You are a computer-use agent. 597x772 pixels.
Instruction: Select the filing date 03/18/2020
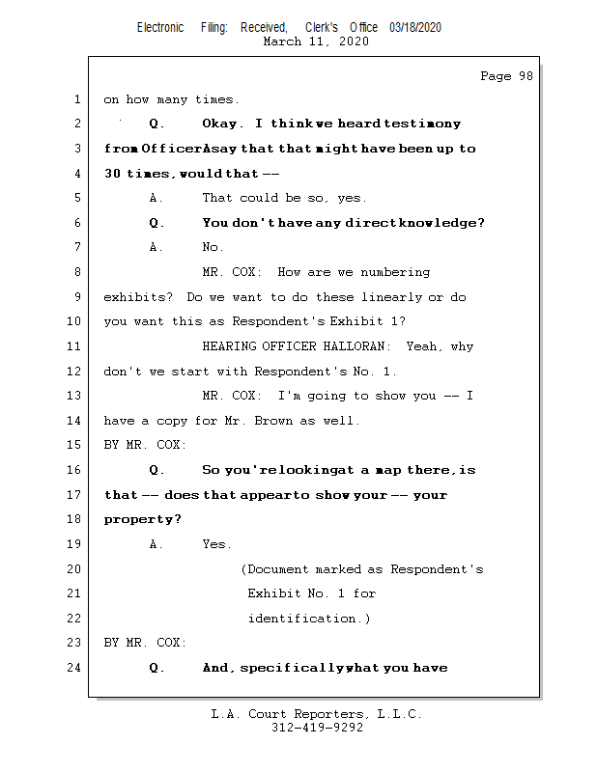point(415,28)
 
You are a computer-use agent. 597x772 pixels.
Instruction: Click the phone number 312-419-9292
point(317,728)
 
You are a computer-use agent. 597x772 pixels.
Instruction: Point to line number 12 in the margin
point(75,372)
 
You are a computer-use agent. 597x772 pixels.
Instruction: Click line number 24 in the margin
point(75,668)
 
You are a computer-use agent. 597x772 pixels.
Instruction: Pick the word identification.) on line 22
point(309,619)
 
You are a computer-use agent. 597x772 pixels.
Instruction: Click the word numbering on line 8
point(396,272)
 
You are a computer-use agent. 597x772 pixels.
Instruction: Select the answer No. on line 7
point(213,248)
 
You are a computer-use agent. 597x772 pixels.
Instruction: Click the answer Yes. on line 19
point(216,544)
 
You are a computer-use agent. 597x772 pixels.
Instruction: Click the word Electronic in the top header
point(160,28)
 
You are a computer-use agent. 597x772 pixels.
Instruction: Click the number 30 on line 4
point(113,174)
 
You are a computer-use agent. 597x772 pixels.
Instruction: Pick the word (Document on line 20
point(274,569)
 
